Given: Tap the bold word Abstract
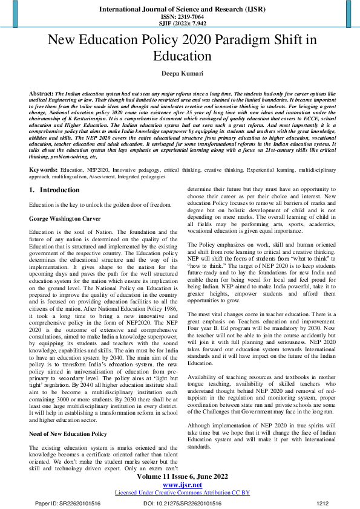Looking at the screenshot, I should pyautogui.click(x=41, y=95).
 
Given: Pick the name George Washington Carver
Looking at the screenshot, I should pyautogui.click(x=65, y=218).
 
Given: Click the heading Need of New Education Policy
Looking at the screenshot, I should pyautogui.click(x=68, y=417).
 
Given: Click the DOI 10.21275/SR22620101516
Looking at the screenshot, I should pyautogui.click(x=182, y=503).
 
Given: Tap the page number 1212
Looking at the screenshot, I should pyautogui.click(x=323, y=503).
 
